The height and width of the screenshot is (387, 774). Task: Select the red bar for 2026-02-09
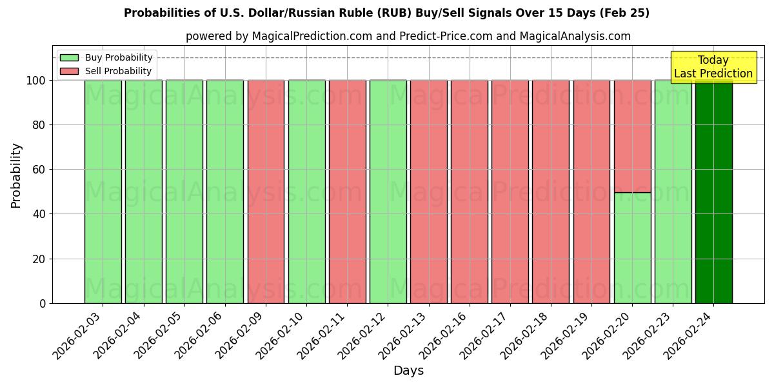point(266,192)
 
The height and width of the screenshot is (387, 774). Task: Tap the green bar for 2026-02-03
point(103,192)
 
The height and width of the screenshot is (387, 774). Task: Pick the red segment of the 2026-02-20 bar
point(632,136)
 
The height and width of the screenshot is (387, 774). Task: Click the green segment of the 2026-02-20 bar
point(632,248)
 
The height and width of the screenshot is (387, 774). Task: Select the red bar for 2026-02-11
point(347,192)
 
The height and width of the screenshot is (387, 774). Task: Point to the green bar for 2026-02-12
point(388,192)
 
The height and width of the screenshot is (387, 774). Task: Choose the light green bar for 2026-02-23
point(673,192)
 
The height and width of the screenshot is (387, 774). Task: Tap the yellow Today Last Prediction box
point(713,67)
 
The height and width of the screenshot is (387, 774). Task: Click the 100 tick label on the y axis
point(36,81)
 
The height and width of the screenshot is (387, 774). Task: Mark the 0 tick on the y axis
point(43,303)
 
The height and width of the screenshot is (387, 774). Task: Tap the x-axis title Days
point(408,371)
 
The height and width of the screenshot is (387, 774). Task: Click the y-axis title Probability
point(16,175)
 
